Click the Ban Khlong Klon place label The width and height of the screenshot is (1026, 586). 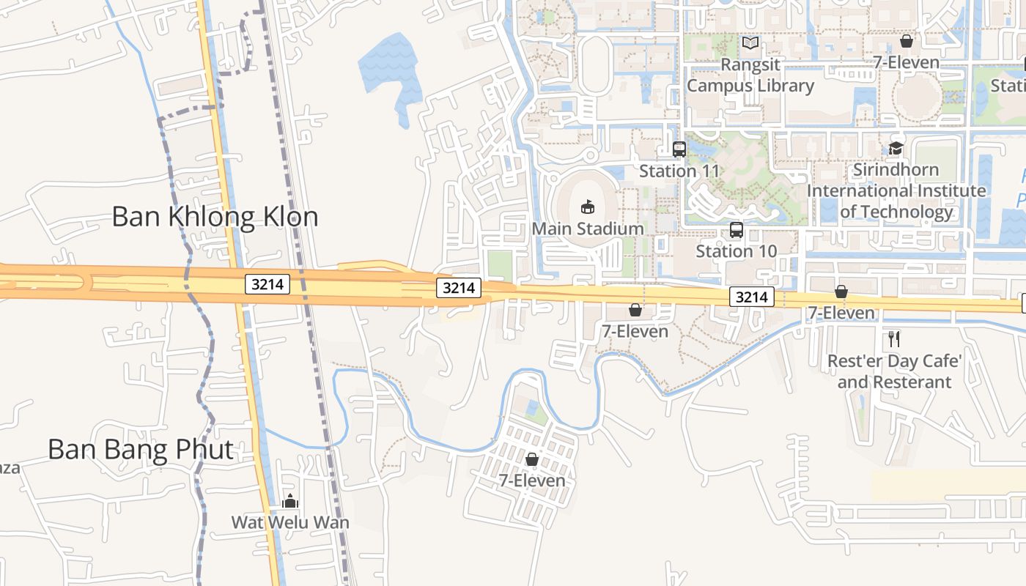(215, 217)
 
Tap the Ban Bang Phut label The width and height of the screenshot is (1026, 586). (141, 449)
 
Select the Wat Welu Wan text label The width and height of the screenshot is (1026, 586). (290, 522)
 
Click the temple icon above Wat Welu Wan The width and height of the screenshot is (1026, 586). (290, 502)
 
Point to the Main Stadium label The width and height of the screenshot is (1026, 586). (588, 229)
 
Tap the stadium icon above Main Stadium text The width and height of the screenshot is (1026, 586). (588, 207)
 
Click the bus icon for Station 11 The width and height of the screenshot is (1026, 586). (679, 149)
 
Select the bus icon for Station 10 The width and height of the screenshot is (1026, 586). (737, 230)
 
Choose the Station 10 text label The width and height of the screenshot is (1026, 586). (737, 251)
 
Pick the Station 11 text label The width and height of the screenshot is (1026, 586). (679, 171)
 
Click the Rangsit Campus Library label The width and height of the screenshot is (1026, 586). (750, 75)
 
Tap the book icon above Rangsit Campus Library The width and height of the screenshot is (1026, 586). (750, 43)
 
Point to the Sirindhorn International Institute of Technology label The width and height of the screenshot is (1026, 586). (896, 190)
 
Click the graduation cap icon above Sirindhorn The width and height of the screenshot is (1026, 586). (896, 148)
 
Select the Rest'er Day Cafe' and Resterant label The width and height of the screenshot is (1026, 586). (894, 371)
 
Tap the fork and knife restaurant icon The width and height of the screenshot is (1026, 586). (893, 338)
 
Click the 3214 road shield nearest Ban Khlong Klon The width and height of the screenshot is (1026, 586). (267, 284)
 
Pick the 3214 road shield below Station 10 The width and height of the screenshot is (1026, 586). (752, 297)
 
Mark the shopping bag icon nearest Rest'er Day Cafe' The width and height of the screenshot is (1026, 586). (841, 292)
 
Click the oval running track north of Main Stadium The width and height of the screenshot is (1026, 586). (594, 64)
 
